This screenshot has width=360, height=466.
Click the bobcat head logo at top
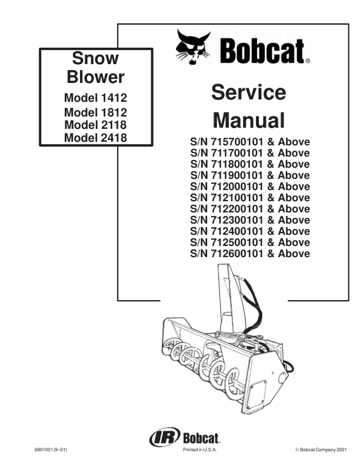pos(193,46)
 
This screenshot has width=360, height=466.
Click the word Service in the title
pos(249,92)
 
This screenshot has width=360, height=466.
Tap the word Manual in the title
pos(249,120)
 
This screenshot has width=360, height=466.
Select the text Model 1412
pos(96,98)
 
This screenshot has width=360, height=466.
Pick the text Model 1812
pos(96,112)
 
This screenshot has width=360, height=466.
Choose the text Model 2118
pos(96,125)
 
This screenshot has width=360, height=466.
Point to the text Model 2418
pos(96,137)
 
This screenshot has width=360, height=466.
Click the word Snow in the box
pos(95,58)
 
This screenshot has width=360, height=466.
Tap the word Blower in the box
pos(95,77)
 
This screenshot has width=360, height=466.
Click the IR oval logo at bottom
pos(165,437)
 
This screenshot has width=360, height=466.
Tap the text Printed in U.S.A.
pos(200,450)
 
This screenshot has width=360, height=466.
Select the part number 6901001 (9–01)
pos(51,450)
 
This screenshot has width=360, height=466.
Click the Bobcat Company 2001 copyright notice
pos(321,450)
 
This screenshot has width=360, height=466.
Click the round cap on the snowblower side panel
pos(282,378)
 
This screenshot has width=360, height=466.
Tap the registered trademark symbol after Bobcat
pos(308,61)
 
